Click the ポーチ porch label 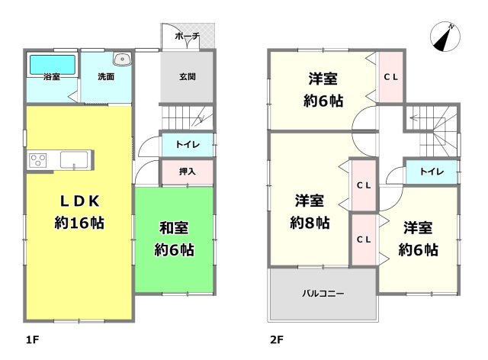coord(187,37)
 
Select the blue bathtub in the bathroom coord(53,65)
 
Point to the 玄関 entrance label coord(187,76)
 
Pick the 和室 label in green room coord(174,227)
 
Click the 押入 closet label coord(186,172)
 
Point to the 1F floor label coord(31,336)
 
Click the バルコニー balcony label coord(322,293)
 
